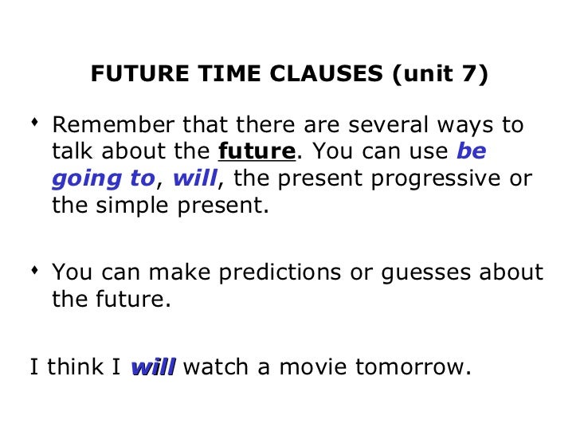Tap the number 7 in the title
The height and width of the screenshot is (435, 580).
[x=470, y=75]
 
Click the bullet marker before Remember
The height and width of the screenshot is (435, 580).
[x=34, y=123]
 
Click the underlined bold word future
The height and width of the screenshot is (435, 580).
[x=257, y=151]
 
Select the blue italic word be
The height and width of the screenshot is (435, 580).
[x=471, y=151]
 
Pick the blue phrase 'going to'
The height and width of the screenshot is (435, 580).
[x=103, y=179]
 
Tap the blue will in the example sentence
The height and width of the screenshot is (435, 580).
[x=152, y=367]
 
